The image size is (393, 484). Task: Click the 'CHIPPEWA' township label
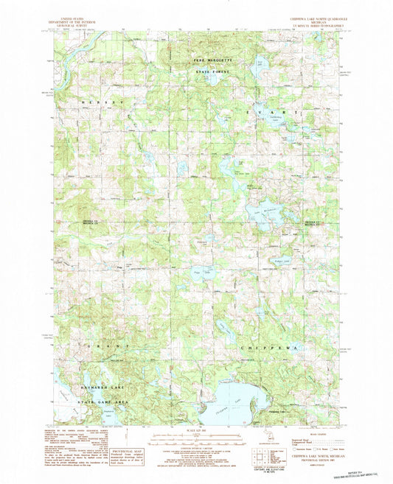(x=272, y=345)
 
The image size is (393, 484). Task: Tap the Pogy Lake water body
(x=197, y=272)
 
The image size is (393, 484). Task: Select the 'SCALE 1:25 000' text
(x=197, y=431)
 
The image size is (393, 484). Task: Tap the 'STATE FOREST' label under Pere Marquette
(x=212, y=70)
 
